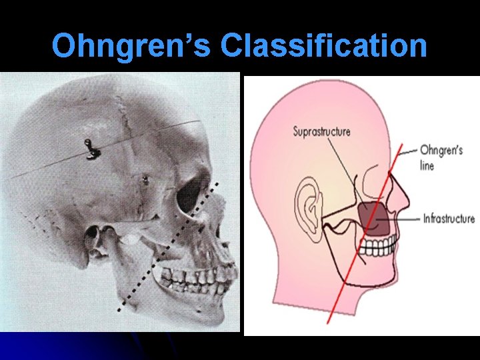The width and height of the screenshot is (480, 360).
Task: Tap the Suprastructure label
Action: pos(321,131)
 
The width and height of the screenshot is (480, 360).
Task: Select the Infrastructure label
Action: pos(449,218)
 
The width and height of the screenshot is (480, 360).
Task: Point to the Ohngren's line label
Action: pos(441,157)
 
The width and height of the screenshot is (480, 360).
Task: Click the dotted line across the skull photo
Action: pos(167,247)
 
